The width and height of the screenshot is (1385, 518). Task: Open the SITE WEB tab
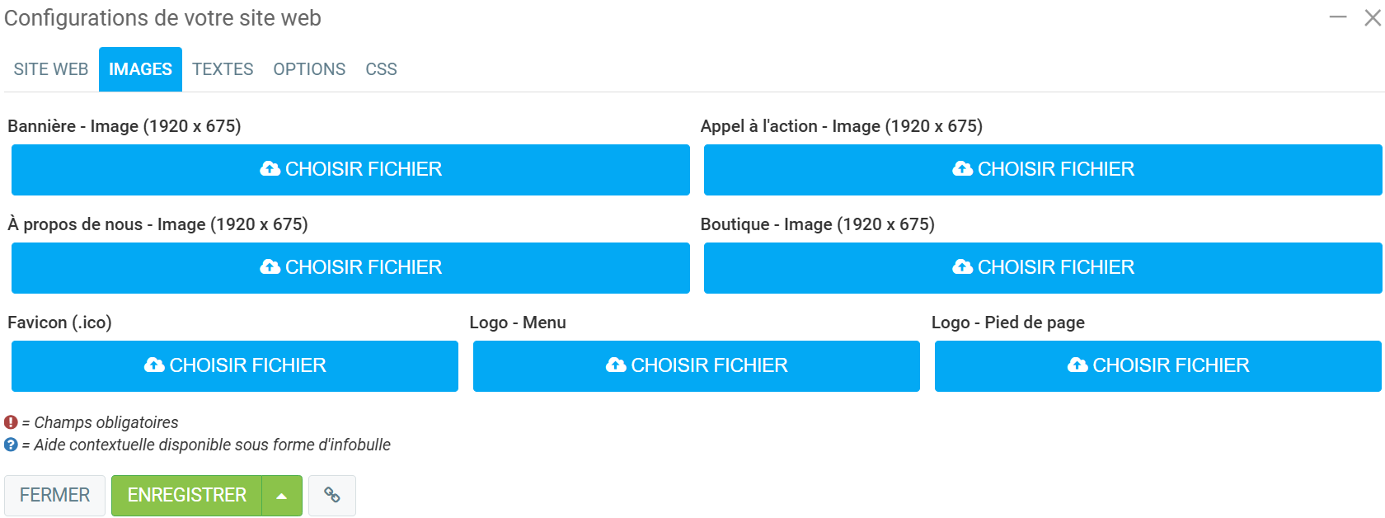(x=51, y=69)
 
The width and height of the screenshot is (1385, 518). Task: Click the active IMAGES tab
(x=140, y=69)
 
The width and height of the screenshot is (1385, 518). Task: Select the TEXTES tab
(x=223, y=69)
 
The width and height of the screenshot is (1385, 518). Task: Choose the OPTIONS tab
(x=309, y=69)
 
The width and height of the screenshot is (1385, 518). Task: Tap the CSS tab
(x=381, y=69)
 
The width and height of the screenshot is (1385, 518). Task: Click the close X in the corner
(x=1372, y=17)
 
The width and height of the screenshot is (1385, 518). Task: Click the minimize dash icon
(x=1338, y=17)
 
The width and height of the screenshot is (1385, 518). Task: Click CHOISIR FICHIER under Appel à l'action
(x=1043, y=169)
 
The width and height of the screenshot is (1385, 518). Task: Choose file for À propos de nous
(x=350, y=267)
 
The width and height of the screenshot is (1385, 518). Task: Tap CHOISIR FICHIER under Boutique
(x=1043, y=267)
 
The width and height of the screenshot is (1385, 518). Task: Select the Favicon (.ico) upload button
(x=235, y=365)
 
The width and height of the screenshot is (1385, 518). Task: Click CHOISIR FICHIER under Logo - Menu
(x=697, y=365)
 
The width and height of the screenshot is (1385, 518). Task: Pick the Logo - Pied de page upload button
(x=1158, y=365)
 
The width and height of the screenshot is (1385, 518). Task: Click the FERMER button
(x=54, y=495)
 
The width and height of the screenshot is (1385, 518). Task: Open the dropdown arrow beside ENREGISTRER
(x=282, y=496)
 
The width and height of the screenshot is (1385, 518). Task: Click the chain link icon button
(x=332, y=495)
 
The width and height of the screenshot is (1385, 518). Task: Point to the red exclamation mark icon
(x=11, y=422)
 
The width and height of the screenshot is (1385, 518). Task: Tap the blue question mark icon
(x=11, y=445)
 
